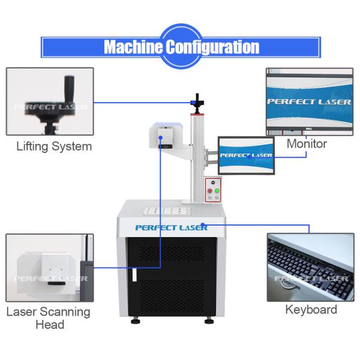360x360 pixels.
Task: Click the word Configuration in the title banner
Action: click(x=212, y=47)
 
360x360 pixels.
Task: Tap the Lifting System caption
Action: click(x=54, y=146)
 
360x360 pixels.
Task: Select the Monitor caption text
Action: click(x=307, y=144)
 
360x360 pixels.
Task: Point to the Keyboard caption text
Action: click(x=311, y=310)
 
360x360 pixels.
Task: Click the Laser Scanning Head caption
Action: click(x=49, y=318)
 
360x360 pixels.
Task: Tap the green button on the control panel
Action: click(x=217, y=191)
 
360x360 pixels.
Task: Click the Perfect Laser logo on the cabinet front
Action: click(x=171, y=228)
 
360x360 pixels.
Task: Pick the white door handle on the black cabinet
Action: click(x=134, y=275)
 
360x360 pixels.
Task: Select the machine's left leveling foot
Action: click(x=136, y=320)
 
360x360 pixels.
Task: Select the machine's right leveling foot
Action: click(x=209, y=320)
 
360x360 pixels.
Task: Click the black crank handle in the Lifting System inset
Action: click(x=69, y=89)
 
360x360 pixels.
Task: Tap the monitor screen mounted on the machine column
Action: click(x=246, y=155)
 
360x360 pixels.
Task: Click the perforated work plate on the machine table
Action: click(x=167, y=211)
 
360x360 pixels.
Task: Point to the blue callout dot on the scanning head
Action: click(x=160, y=138)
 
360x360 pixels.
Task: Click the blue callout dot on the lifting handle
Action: click(x=194, y=103)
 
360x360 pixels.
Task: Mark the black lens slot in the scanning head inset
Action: click(x=56, y=283)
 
